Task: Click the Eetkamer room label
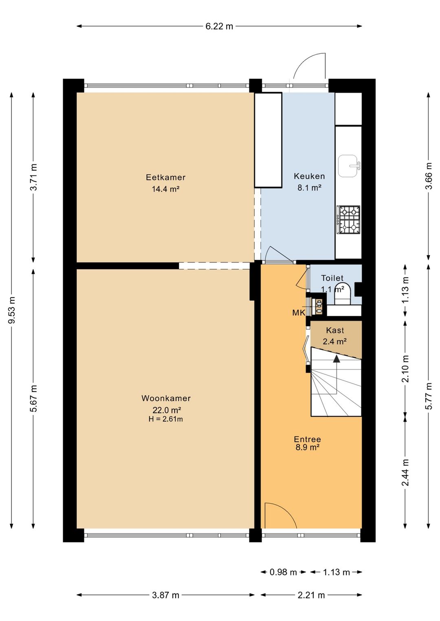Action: tap(165, 177)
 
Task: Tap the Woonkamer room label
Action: tap(166, 398)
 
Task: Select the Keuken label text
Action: tap(309, 176)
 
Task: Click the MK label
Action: tap(299, 313)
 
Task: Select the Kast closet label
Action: tap(335, 330)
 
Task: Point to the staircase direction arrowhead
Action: tap(337, 359)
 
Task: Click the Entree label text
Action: tap(307, 439)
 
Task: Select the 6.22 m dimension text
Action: tap(219, 26)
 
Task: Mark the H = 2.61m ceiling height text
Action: tap(166, 419)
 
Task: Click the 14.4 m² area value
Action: tap(165, 189)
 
